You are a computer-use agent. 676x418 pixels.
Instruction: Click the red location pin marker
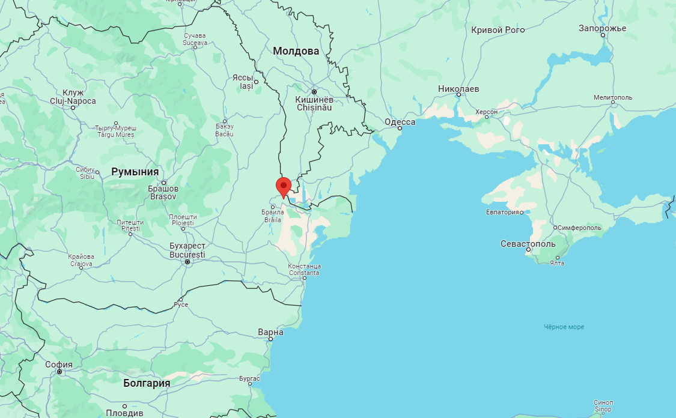pyautogui.click(x=283, y=186)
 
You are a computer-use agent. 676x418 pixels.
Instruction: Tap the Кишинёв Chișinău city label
pyautogui.click(x=314, y=103)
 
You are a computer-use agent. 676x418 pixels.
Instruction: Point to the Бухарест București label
pyautogui.click(x=187, y=250)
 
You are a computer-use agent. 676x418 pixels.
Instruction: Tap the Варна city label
pyautogui.click(x=270, y=332)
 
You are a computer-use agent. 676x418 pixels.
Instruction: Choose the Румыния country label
pyautogui.click(x=135, y=172)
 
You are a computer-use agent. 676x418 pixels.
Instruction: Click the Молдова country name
pyautogui.click(x=296, y=51)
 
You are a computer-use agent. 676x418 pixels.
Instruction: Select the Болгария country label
pyautogui.click(x=147, y=383)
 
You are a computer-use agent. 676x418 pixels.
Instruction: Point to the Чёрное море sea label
pyautogui.click(x=564, y=327)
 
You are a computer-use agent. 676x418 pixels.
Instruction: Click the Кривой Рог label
pyautogui.click(x=496, y=30)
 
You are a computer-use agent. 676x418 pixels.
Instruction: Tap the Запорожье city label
pyautogui.click(x=602, y=28)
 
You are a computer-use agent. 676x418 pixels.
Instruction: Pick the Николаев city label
pyautogui.click(x=458, y=89)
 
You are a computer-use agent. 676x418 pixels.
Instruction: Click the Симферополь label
pyautogui.click(x=579, y=228)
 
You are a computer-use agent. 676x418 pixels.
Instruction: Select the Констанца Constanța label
pyautogui.click(x=305, y=270)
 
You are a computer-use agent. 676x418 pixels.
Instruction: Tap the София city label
pyautogui.click(x=59, y=365)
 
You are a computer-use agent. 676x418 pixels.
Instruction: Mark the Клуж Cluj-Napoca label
pyautogui.click(x=73, y=97)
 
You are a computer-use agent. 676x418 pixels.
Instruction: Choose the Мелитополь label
pyautogui.click(x=613, y=97)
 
